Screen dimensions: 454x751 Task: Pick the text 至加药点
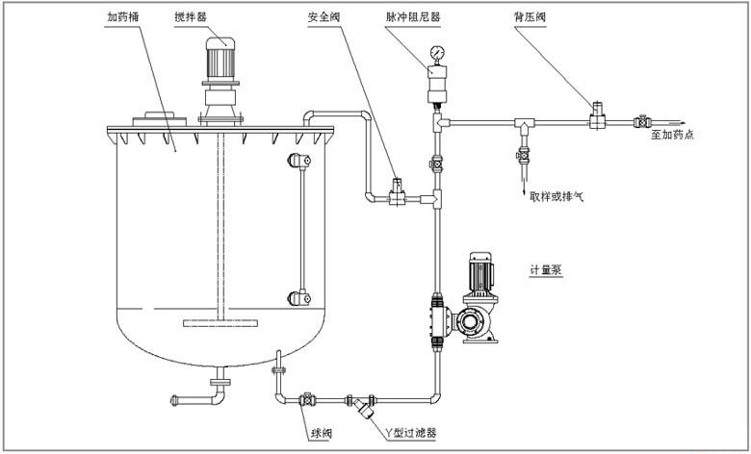(x=671, y=136)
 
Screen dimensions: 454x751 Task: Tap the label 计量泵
(x=545, y=270)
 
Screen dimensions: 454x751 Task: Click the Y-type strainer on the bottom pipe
(x=362, y=405)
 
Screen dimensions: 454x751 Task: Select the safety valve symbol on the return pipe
(x=396, y=191)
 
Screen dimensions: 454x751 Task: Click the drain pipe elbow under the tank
(x=218, y=393)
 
